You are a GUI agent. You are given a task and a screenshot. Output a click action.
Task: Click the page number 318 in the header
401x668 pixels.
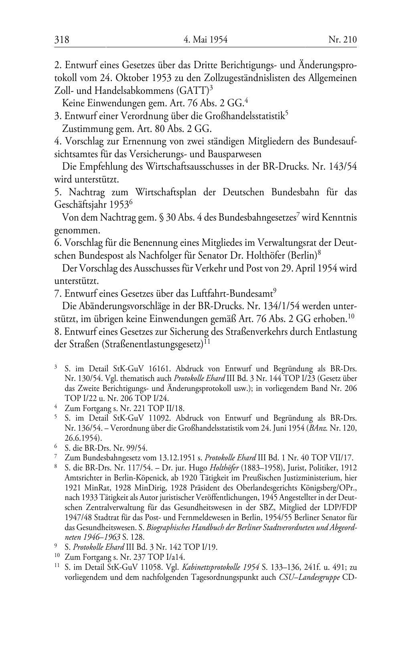click(x=62, y=40)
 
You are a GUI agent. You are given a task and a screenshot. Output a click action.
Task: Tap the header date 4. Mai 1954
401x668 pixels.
click(x=205, y=40)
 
